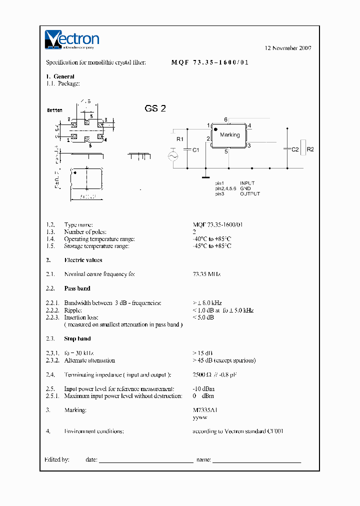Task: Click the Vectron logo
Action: pyautogui.click(x=72, y=39)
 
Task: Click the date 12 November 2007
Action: pyautogui.click(x=288, y=48)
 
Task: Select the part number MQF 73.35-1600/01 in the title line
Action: pyautogui.click(x=210, y=62)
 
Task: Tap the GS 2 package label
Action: pyautogui.click(x=155, y=109)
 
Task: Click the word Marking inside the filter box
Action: pyautogui.click(x=229, y=135)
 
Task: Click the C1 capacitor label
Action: pyautogui.click(x=196, y=149)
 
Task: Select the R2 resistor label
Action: pyautogui.click(x=310, y=149)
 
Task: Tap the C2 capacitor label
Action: pyautogui.click(x=295, y=149)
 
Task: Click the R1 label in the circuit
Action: pyautogui.click(x=180, y=138)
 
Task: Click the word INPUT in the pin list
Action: pyautogui.click(x=247, y=183)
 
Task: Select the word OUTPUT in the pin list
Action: pyautogui.click(x=250, y=193)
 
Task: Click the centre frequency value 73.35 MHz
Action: pyautogui.click(x=206, y=274)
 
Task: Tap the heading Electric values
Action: pyautogui.click(x=83, y=260)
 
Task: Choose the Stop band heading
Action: pyautogui.click(x=77, y=339)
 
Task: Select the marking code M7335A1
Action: pyautogui.click(x=205, y=410)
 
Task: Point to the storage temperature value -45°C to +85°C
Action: pyautogui.click(x=212, y=246)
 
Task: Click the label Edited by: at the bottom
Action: pyautogui.click(x=56, y=459)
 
